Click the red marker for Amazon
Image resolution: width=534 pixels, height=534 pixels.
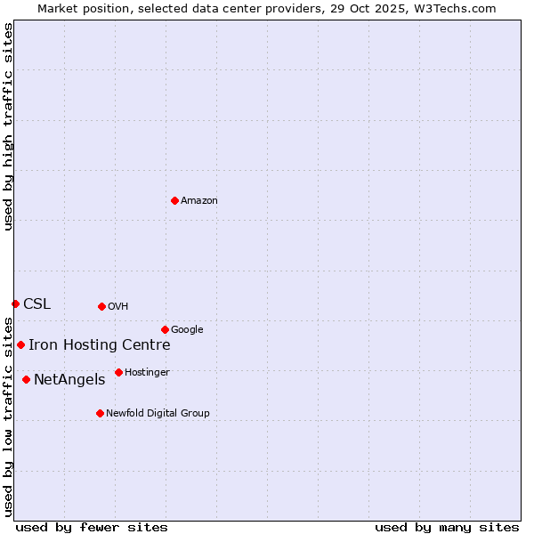(174, 200)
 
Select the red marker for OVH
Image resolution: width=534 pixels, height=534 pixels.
(101, 306)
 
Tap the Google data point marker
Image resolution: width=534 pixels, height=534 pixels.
(165, 329)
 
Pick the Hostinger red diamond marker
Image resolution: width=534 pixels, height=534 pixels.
(118, 372)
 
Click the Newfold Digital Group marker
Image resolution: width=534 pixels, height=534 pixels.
(100, 413)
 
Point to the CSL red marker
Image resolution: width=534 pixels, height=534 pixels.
(15, 303)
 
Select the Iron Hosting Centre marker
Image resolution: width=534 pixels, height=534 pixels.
(20, 344)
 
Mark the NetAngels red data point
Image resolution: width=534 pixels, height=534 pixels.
(26, 379)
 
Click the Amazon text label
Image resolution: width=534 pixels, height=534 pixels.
(199, 201)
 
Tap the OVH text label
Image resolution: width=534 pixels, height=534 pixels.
(118, 307)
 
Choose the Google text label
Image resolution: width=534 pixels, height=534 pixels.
(187, 330)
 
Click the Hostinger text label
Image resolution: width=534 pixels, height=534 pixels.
(147, 373)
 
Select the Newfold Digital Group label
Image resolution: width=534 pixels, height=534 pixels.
(158, 414)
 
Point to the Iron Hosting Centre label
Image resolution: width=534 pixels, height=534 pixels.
(99, 345)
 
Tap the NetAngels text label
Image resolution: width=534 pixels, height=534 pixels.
(69, 380)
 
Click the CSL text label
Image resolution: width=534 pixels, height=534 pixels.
(36, 304)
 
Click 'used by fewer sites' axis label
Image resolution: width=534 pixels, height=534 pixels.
(92, 527)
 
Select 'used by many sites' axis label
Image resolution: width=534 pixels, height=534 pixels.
(447, 527)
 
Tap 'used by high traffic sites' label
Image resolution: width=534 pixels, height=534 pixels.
(8, 126)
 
